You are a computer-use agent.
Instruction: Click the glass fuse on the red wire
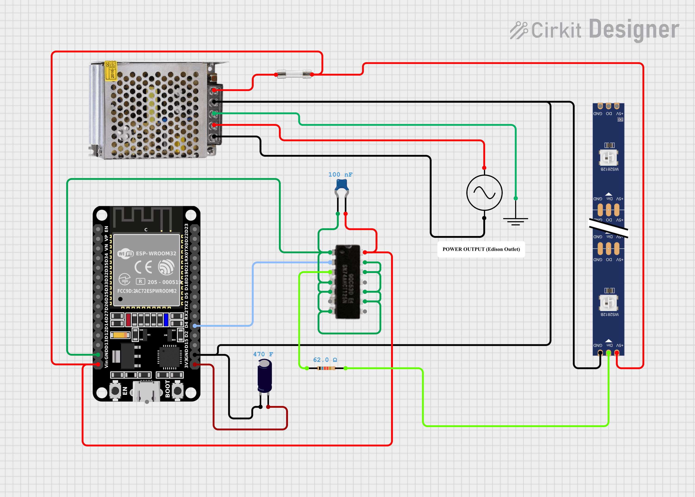[294, 74]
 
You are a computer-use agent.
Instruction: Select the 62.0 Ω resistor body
[326, 368]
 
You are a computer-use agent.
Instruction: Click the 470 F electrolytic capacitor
[265, 376]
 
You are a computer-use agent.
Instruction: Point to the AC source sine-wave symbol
[484, 193]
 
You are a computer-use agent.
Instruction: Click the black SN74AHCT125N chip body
[347, 282]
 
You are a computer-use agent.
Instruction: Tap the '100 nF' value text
[340, 174]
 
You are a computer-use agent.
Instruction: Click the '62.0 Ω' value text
[325, 360]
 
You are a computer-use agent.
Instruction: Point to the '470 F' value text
[263, 354]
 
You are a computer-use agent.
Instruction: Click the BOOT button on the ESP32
[177, 391]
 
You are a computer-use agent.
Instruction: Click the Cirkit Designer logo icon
[518, 30]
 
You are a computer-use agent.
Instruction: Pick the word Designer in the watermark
[634, 29]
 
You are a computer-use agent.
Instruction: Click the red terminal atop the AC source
[484, 168]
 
